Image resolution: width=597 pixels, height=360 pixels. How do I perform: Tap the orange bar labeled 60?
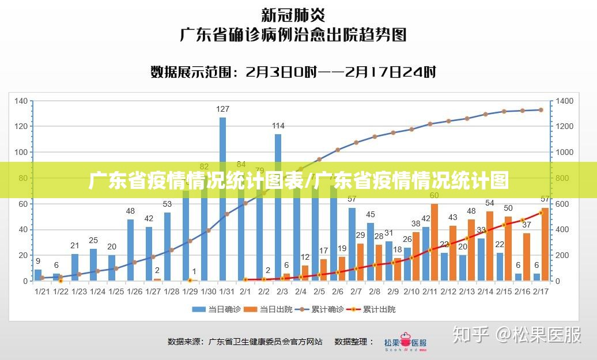pos(434,242)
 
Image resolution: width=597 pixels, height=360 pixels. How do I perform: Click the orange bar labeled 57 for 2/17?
pos(545,244)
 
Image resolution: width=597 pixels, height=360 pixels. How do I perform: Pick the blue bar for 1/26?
pos(130,250)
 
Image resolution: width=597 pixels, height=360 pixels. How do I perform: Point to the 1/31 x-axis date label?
pos(226,291)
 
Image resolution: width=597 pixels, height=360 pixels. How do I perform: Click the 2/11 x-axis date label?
pos(429,291)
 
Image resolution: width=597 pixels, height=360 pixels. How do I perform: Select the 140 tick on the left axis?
pos(21,101)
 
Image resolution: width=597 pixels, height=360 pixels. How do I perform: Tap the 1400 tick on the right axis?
pos(565,101)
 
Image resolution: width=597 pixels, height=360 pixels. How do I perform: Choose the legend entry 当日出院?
pos(268,309)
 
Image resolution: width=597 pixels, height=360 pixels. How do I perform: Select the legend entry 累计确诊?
pos(320,309)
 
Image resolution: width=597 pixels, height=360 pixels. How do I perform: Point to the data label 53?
pos(167,204)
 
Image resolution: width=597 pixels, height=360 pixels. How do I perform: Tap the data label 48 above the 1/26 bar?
pos(130,211)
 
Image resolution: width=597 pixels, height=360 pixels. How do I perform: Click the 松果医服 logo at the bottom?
pos(406,341)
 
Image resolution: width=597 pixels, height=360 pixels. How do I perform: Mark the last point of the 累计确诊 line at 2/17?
pos(541,109)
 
